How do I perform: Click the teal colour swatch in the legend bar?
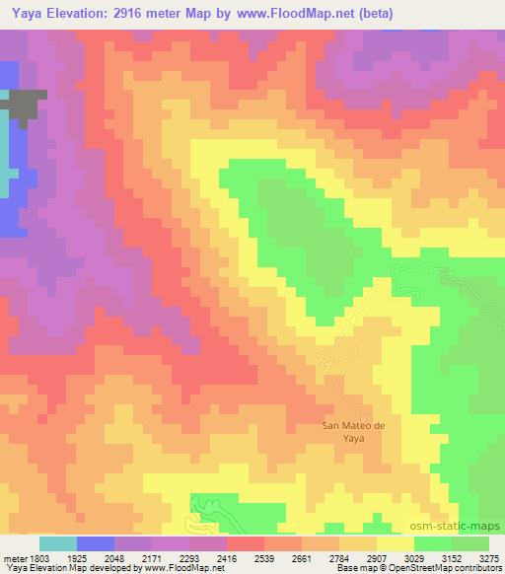(58, 543)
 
